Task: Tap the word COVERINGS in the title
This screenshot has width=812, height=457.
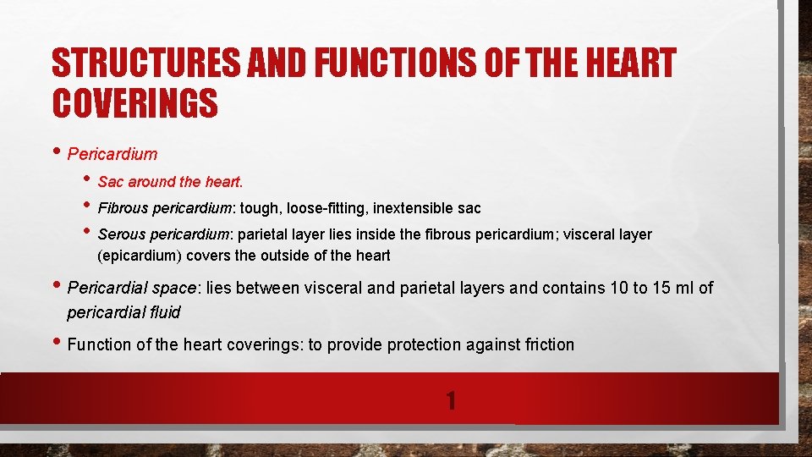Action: tap(135, 104)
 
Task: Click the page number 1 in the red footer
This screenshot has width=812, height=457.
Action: tap(451, 399)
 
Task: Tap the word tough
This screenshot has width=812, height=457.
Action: tap(259, 207)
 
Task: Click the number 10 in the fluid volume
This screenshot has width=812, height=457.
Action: tap(615, 288)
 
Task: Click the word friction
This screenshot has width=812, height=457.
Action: tap(546, 344)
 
